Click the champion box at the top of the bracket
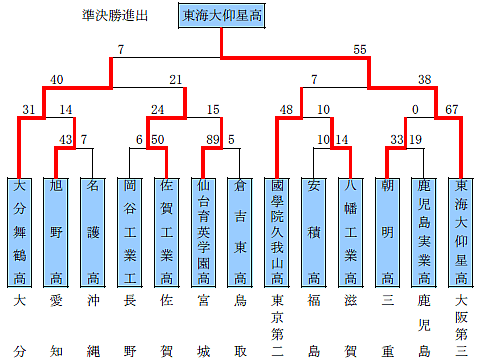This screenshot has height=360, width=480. pos(221,17)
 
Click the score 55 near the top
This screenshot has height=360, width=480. pos(360,49)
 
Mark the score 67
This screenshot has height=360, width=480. pos(451,109)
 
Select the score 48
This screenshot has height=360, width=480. pos(286,109)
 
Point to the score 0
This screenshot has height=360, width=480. pos(414,109)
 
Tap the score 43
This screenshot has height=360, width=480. pos(66,139)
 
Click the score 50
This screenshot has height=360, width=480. pos(157,139)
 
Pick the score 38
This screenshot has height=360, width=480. pos(424,79)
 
